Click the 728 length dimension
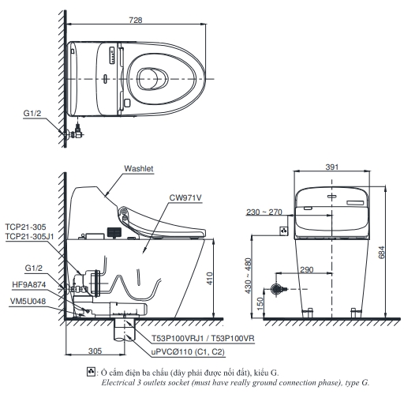[x=136, y=20]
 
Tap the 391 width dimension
[x=332, y=167]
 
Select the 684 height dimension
[x=382, y=252]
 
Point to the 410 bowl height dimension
[x=209, y=278]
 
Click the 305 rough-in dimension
[x=95, y=351]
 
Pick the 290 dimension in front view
[x=307, y=270]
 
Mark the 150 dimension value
[x=260, y=303]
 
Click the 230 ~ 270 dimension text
[x=264, y=212]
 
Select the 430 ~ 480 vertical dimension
[x=248, y=276]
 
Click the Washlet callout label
[x=139, y=168]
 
